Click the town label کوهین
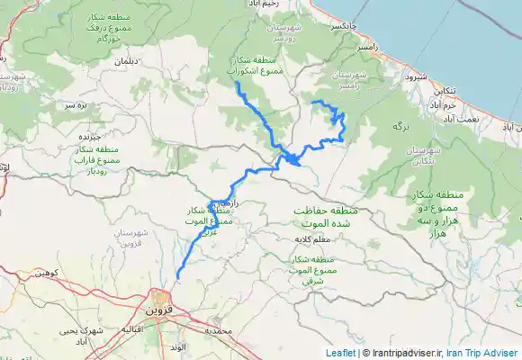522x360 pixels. coord(46,271)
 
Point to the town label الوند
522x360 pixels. coord(176,345)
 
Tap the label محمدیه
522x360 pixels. coord(218,330)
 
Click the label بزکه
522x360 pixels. coord(401,129)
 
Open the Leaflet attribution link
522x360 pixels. coord(340,354)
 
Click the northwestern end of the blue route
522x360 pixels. coord(236,84)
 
